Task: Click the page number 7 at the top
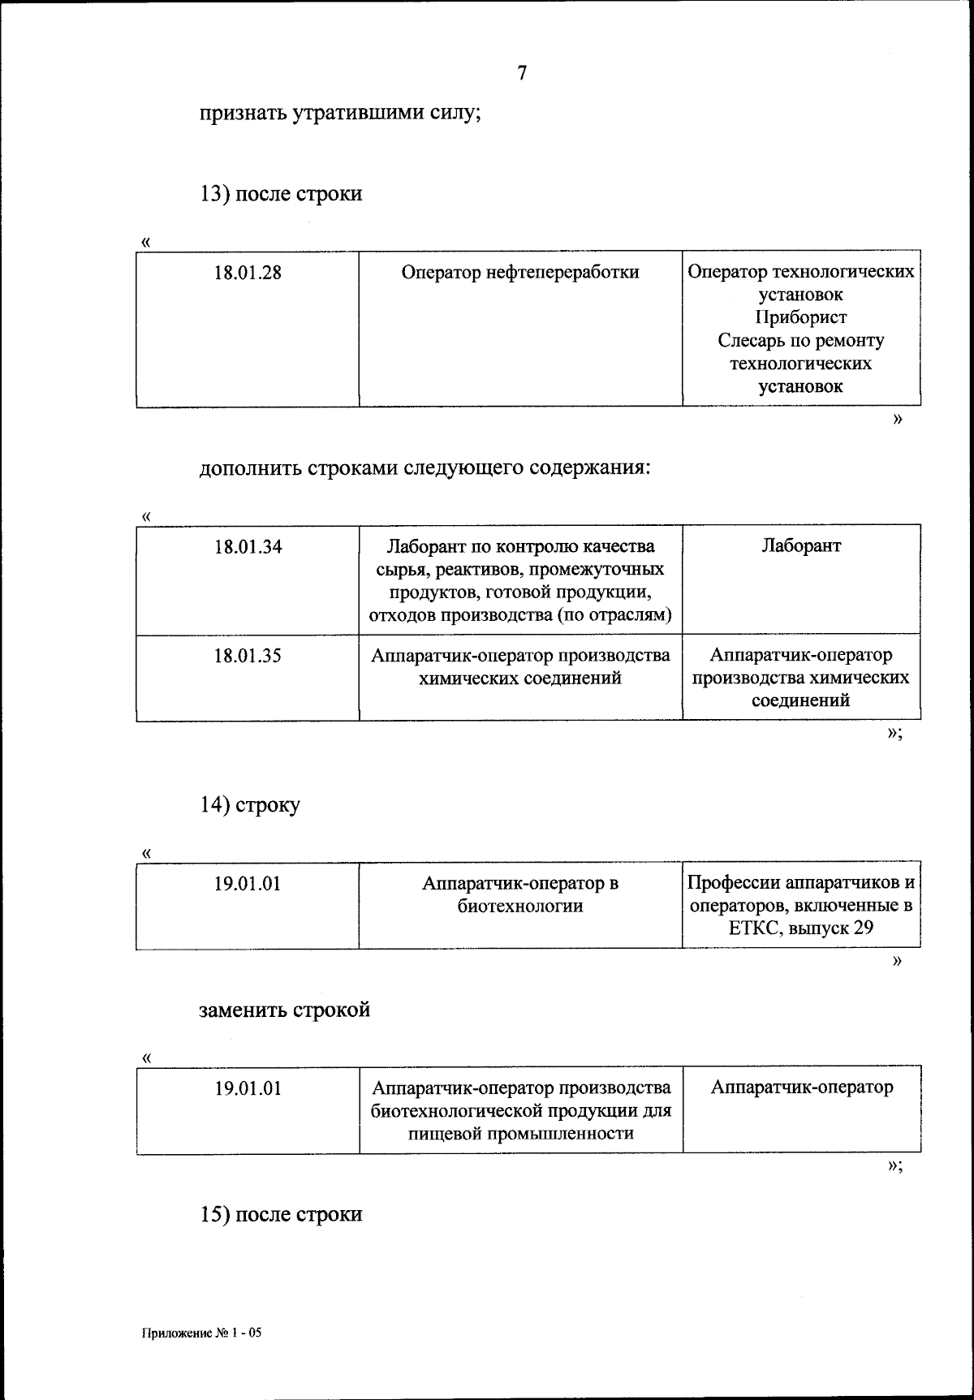tap(522, 73)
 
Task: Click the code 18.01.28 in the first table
tap(248, 273)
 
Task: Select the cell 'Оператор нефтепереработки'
tap(520, 273)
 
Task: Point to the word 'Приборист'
tap(800, 317)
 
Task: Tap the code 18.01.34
tap(248, 547)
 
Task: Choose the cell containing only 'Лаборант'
tap(801, 546)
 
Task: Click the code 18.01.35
tap(248, 656)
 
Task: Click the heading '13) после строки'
tap(281, 195)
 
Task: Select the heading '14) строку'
tap(250, 805)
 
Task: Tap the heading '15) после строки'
tap(281, 1215)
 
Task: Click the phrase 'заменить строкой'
tap(285, 1010)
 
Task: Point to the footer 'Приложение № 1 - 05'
tap(202, 1333)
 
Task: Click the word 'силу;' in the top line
tap(450, 114)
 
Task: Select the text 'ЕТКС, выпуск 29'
tap(801, 928)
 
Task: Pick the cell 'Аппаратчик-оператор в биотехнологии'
tap(520, 894)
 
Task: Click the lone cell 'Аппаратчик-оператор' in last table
tap(801, 1088)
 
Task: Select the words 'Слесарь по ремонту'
tap(801, 341)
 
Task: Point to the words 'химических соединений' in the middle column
tap(520, 678)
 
